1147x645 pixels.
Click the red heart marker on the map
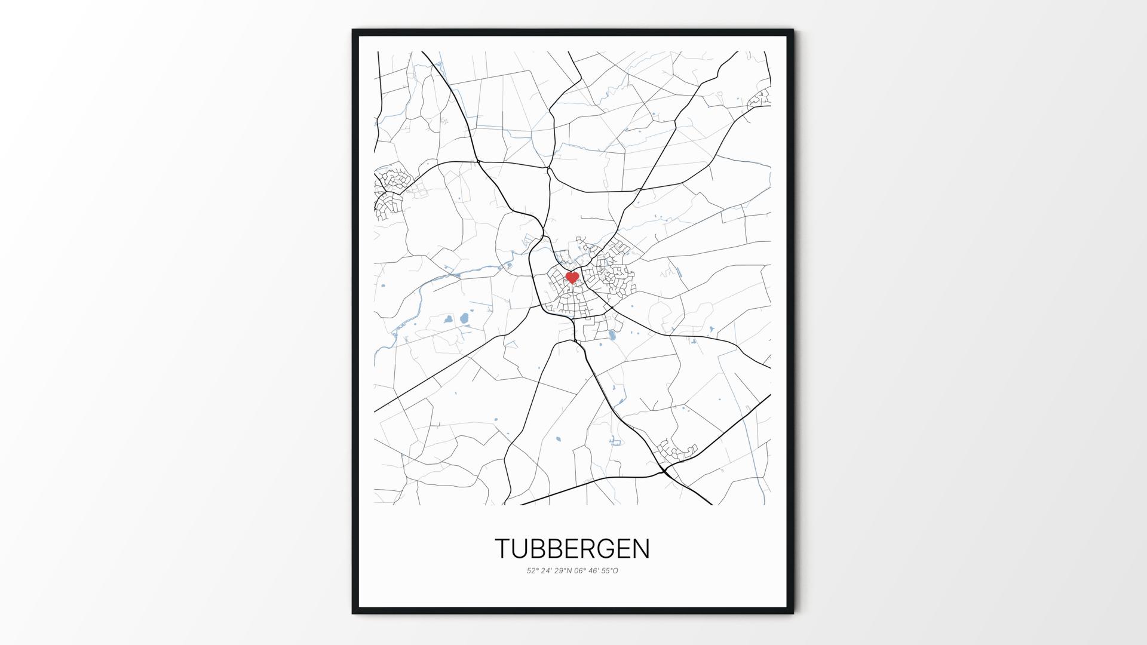coord(572,278)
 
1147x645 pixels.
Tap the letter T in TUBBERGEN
coord(503,549)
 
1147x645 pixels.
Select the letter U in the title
coord(520,549)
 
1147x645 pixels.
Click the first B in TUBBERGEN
coord(538,549)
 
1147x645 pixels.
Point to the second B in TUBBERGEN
coord(555,549)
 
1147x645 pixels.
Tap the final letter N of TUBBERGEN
coord(641,549)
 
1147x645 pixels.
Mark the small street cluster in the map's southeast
coord(675,451)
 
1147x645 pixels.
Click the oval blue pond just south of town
coord(612,335)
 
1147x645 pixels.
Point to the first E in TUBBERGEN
coord(572,549)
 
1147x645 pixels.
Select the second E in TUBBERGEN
coord(624,549)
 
